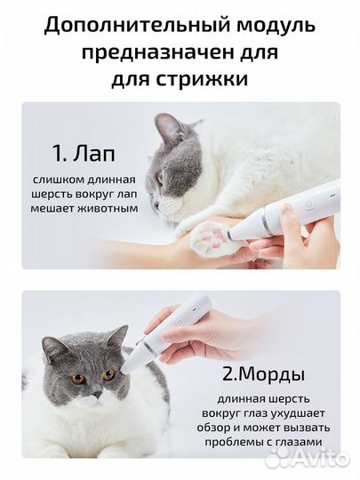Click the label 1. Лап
click(x=84, y=154)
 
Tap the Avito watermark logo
click(x=308, y=457)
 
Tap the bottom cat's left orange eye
click(x=77, y=377)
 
